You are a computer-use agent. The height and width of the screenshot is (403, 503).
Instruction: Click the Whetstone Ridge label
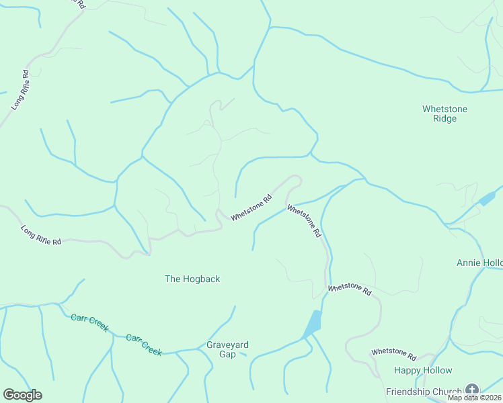(x=444, y=114)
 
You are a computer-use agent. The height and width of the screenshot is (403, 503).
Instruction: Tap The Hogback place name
(x=192, y=279)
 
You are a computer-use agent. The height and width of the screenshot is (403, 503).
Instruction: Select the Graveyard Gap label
(x=227, y=349)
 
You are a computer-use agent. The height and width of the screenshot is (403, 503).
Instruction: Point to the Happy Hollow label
(x=423, y=370)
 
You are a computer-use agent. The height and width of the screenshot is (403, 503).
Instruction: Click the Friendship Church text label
(x=424, y=392)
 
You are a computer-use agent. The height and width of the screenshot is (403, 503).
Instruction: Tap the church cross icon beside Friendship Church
(x=472, y=390)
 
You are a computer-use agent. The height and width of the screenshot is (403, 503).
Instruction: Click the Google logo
(x=22, y=394)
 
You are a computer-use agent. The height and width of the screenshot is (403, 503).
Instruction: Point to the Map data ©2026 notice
(x=473, y=398)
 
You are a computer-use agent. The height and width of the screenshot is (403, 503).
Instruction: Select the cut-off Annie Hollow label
(x=479, y=263)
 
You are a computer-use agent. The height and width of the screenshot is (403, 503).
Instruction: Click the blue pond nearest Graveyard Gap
(x=313, y=324)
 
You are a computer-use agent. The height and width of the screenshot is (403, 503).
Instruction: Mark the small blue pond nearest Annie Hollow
(x=486, y=199)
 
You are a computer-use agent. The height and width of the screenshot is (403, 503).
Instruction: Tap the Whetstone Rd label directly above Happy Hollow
(x=393, y=352)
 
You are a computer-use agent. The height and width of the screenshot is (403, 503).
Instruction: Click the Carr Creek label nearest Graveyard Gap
(x=144, y=344)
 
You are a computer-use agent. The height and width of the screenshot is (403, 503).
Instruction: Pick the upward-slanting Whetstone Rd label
(x=251, y=208)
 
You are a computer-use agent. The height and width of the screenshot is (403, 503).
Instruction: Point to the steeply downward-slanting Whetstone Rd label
(x=304, y=222)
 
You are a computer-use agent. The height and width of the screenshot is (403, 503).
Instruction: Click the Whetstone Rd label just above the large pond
(x=350, y=289)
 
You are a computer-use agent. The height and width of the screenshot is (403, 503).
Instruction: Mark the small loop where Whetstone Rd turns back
(x=295, y=179)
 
